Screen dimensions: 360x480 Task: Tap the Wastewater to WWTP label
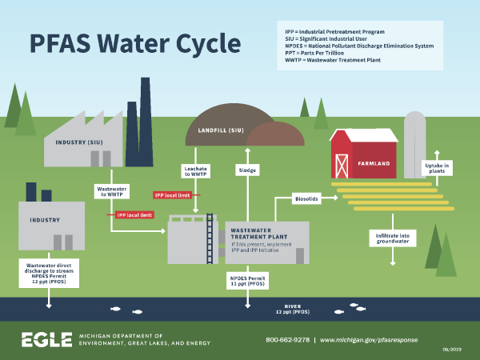click(110, 191)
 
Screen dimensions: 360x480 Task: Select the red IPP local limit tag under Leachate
click(173, 194)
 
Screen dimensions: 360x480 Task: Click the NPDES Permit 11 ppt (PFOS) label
click(246, 281)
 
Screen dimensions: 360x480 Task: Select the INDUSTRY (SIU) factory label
click(78, 142)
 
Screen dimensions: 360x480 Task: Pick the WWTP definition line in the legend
click(332, 61)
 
